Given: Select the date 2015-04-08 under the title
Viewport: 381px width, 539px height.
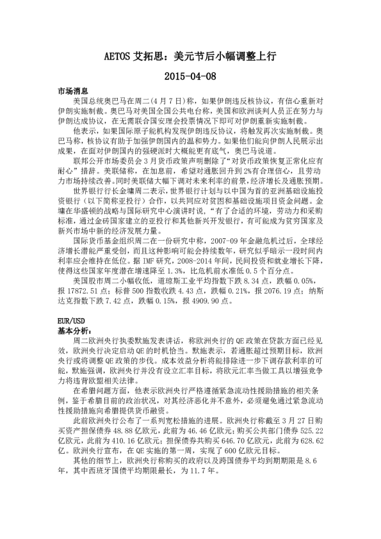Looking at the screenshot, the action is click(x=190, y=77).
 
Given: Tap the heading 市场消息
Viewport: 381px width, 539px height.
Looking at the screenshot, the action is click(x=72, y=92).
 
